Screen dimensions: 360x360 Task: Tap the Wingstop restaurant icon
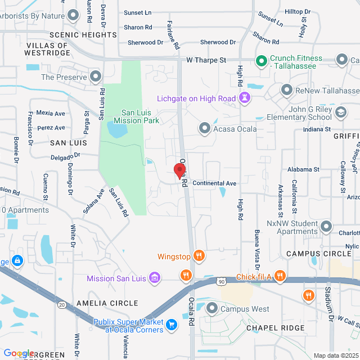click(198, 256)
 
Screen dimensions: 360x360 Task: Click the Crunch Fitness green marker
click(261, 60)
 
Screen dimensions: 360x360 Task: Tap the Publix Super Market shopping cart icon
click(172, 325)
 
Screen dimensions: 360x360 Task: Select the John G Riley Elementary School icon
click(340, 113)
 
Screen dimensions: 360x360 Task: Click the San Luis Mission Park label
click(137, 116)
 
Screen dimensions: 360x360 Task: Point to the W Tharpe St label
click(206, 60)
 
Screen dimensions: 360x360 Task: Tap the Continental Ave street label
click(214, 183)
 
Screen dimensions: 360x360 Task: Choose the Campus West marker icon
click(212, 308)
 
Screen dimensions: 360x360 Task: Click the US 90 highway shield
click(222, 281)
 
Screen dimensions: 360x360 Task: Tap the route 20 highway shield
click(61, 304)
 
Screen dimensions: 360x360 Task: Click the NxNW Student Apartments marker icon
click(326, 228)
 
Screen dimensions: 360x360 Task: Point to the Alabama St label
click(303, 169)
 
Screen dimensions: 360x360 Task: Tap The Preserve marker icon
click(96, 76)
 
